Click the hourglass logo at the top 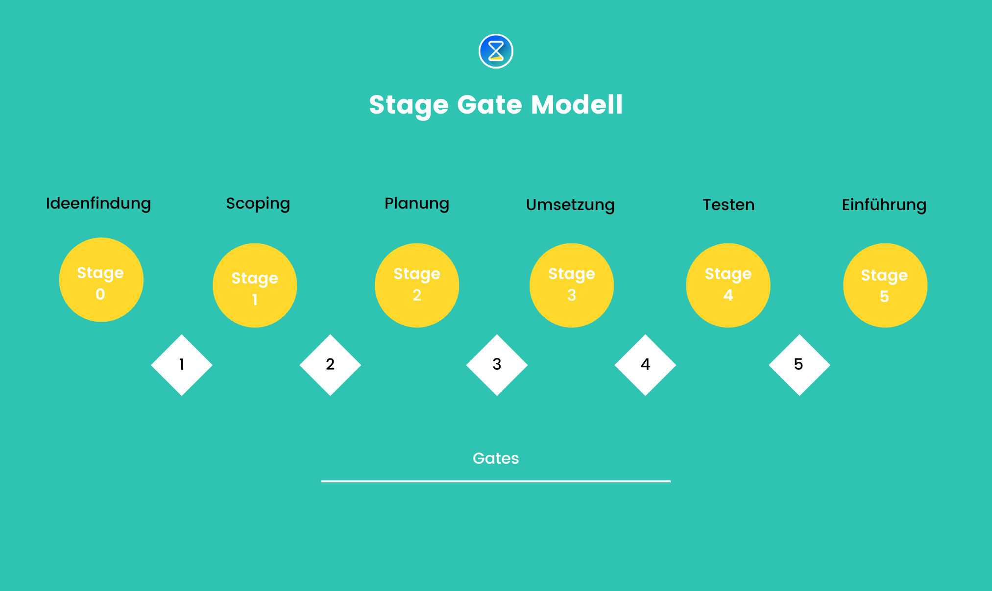(496, 51)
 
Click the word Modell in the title (577, 104)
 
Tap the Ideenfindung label (98, 203)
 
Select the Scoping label (258, 204)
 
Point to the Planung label (416, 204)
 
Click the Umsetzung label (570, 205)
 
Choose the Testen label (728, 205)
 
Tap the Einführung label (884, 205)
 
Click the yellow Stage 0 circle (101, 280)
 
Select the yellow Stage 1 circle (255, 285)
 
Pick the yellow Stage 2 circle (417, 285)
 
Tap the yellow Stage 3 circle (572, 285)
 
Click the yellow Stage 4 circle (728, 285)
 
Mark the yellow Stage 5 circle (885, 285)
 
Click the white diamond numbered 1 (182, 365)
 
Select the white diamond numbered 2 (330, 365)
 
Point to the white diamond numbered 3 (497, 365)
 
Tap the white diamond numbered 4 (645, 365)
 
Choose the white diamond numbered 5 (799, 365)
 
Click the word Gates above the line (495, 458)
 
